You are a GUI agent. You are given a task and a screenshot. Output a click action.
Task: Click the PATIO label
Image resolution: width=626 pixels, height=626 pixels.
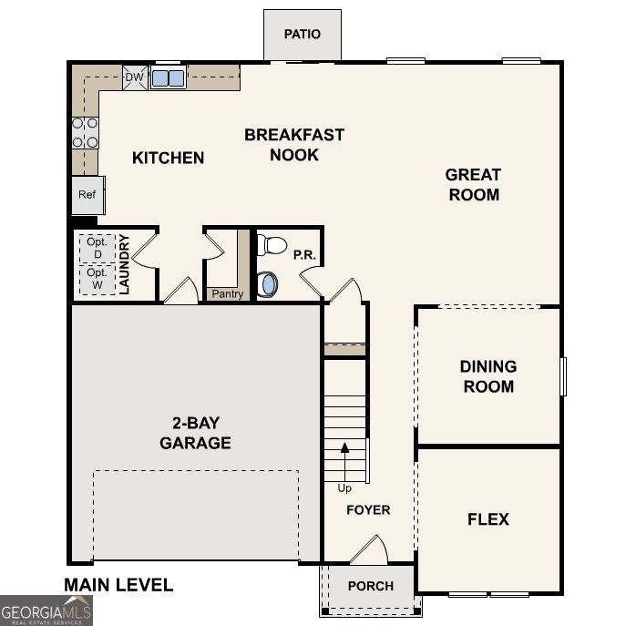(x=302, y=35)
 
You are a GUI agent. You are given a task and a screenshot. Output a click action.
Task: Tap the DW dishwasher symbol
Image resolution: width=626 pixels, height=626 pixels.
(x=134, y=77)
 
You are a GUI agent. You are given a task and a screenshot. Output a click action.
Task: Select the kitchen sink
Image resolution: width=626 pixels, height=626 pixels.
(x=168, y=77)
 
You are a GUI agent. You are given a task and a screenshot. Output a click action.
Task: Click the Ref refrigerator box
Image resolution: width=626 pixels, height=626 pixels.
(x=87, y=195)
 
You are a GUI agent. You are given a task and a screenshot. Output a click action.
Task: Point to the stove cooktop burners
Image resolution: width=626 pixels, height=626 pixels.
(x=85, y=132)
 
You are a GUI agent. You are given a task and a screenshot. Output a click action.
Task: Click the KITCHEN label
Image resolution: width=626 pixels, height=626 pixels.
(x=169, y=158)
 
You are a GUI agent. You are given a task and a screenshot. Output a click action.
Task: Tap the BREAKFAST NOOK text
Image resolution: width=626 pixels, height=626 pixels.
(x=294, y=145)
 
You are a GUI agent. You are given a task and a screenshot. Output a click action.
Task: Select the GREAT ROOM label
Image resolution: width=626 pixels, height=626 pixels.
(x=473, y=184)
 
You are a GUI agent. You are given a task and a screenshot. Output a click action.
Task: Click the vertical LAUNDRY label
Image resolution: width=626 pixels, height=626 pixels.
(x=126, y=264)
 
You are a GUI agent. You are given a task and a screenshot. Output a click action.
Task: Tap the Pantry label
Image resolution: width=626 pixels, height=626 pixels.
(x=227, y=293)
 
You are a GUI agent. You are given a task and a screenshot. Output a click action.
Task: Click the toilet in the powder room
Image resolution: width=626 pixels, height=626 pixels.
(x=272, y=244)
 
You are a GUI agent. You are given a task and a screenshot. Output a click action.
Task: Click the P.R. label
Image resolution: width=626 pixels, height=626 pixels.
(x=304, y=256)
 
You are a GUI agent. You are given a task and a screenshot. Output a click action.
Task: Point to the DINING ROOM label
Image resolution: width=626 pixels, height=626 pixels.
(x=487, y=376)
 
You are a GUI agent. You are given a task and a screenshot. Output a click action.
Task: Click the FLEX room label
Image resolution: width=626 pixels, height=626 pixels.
(x=487, y=519)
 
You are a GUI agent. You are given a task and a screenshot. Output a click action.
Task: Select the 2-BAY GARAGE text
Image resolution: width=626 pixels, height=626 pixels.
(x=195, y=433)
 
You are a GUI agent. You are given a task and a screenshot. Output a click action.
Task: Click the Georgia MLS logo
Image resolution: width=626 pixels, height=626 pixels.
(x=46, y=610)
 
